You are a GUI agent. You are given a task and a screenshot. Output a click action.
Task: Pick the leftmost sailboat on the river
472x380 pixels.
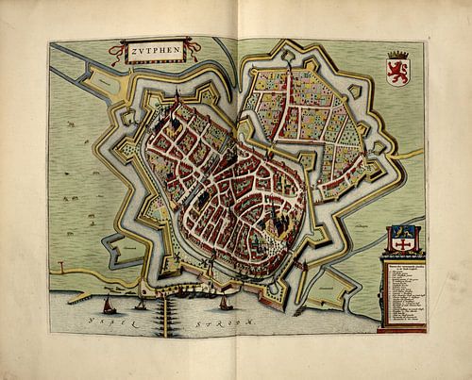point(109,304)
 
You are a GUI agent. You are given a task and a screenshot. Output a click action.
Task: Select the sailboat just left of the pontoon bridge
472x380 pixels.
point(141,304)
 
